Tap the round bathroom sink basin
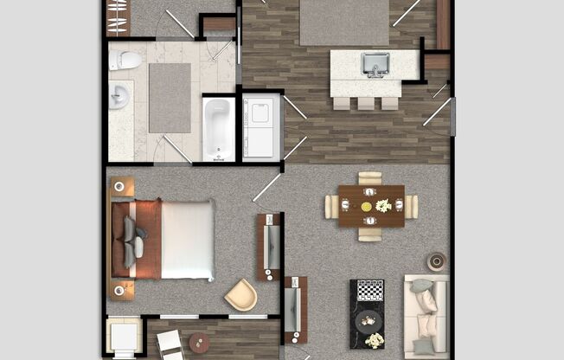pyautogui.click(x=119, y=97)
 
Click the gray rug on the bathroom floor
pyautogui.click(x=170, y=97)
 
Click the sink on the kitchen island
pyautogui.click(x=375, y=64)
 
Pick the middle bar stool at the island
pyautogui.click(x=365, y=103)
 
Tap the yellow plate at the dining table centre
pyautogui.click(x=366, y=206)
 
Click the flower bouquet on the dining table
pyautogui.click(x=382, y=206)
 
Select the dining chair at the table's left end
pyautogui.click(x=331, y=207)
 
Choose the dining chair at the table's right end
pyautogui.click(x=411, y=207)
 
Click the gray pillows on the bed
pyautogui.click(x=132, y=240)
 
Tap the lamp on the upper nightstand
pyautogui.click(x=120, y=187)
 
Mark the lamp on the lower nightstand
pyautogui.click(x=120, y=289)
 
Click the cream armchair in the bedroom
pyautogui.click(x=240, y=294)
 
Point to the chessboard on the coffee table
pyautogui.click(x=370, y=290)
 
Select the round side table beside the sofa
pyautogui.click(x=436, y=261)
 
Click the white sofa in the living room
pyautogui.click(x=426, y=317)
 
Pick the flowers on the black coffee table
pyautogui.click(x=374, y=339)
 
